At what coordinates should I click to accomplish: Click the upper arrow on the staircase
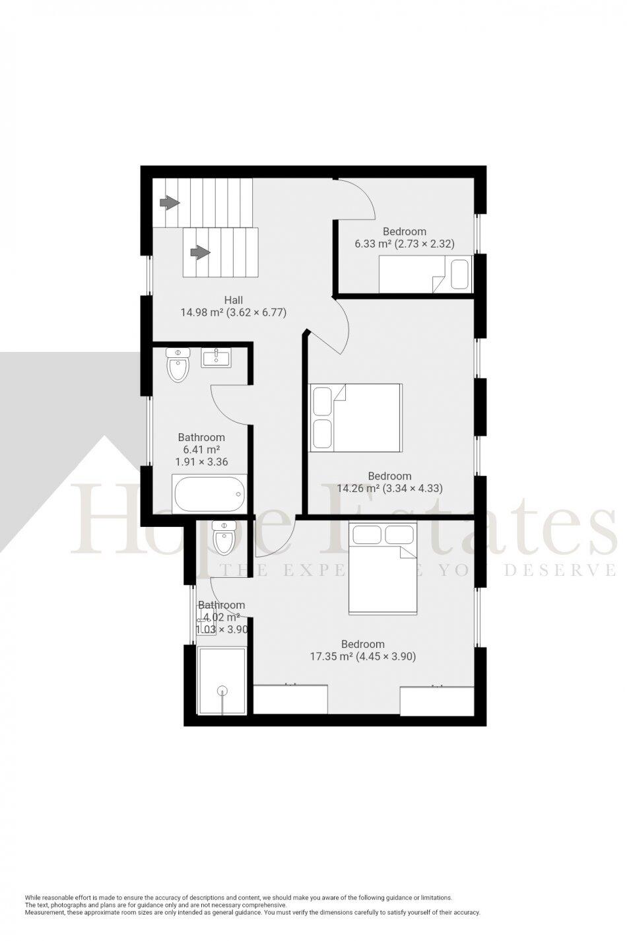tap(170, 203)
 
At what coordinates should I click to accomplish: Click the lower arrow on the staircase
tap(199, 252)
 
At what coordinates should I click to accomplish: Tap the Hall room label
tap(233, 299)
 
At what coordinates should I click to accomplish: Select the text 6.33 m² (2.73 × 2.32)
tap(405, 244)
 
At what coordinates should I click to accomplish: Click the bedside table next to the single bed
tap(460, 275)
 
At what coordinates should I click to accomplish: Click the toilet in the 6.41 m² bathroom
tap(178, 365)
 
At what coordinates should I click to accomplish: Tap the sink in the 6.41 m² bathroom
tap(216, 358)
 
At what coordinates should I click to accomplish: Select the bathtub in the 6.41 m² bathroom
tap(209, 493)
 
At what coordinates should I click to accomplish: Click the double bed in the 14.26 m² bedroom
tap(356, 417)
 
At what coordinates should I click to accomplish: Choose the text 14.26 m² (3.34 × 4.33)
tap(389, 489)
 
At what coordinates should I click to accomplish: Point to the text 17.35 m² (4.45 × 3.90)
tap(363, 656)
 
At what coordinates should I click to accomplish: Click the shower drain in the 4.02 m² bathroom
tap(222, 691)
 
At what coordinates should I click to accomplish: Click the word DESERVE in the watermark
tap(560, 569)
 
